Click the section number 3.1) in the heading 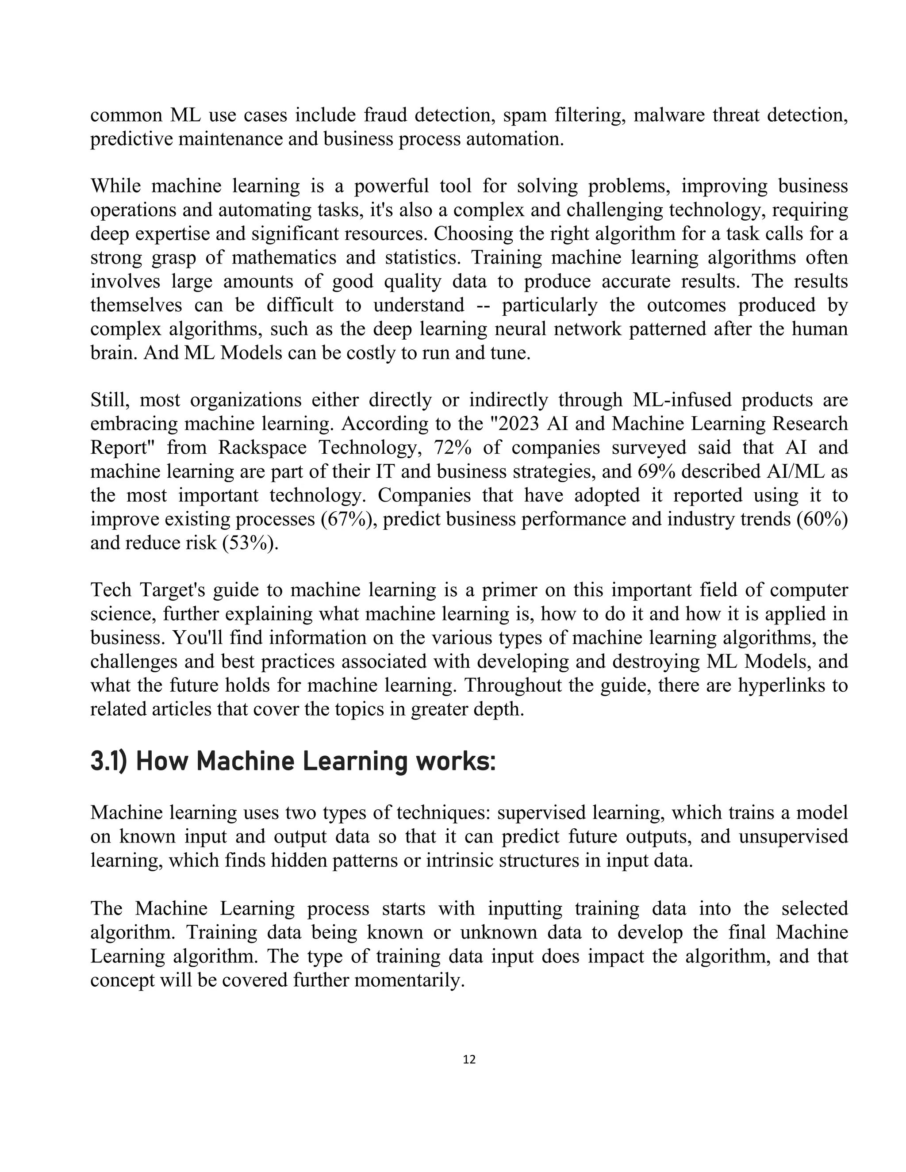point(108,762)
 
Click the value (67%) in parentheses point(349,519)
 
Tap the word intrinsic point(459,860)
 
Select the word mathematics point(284,257)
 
